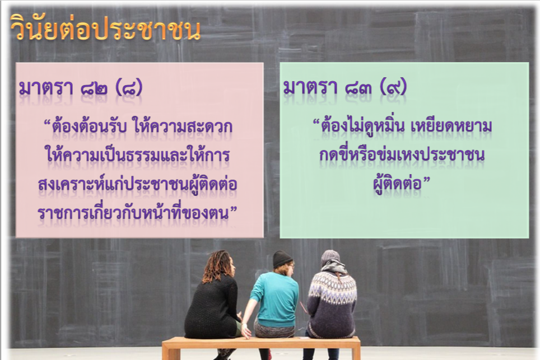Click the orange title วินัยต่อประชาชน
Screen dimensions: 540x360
click(x=105, y=28)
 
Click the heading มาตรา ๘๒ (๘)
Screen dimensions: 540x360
click(x=81, y=88)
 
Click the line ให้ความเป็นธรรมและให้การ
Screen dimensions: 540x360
click(x=138, y=155)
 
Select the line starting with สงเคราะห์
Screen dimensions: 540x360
click(x=137, y=184)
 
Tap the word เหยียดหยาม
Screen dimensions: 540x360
click(x=451, y=126)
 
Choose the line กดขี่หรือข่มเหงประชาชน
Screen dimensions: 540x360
click(x=402, y=155)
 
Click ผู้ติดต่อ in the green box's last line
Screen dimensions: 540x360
click(x=398, y=184)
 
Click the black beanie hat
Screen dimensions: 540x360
click(x=282, y=259)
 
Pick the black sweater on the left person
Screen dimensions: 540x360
click(x=212, y=307)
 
